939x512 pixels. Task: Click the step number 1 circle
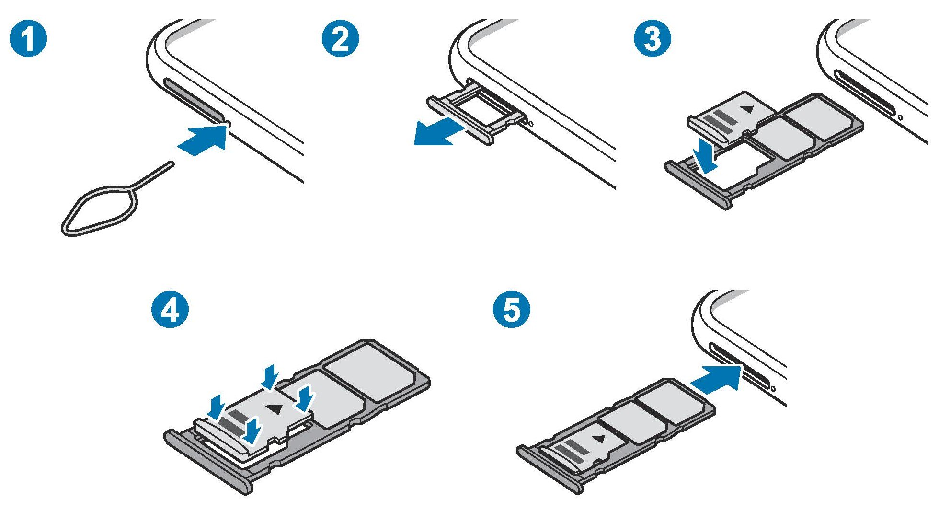(x=28, y=39)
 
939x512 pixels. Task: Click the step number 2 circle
(x=341, y=39)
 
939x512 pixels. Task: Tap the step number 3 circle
(x=653, y=39)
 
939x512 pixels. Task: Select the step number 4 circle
(x=171, y=310)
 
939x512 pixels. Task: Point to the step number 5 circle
(x=512, y=310)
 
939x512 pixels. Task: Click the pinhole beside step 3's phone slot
(x=900, y=116)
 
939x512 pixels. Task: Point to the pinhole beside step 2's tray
(x=531, y=124)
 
